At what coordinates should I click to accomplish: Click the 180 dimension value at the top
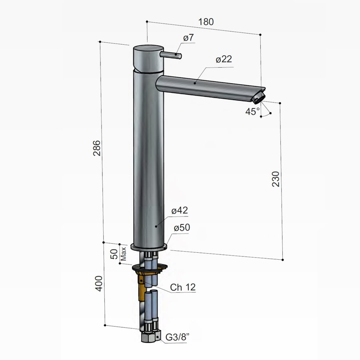click(x=206, y=22)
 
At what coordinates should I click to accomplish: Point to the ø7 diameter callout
click(x=188, y=38)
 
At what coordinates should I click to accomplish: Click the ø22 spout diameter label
click(x=224, y=59)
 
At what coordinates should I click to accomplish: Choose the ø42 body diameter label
click(x=180, y=211)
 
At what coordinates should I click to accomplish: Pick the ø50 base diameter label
click(x=182, y=228)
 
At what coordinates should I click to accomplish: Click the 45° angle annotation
click(x=252, y=112)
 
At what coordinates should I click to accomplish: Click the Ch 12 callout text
click(x=183, y=287)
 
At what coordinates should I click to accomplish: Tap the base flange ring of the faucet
click(x=148, y=247)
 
